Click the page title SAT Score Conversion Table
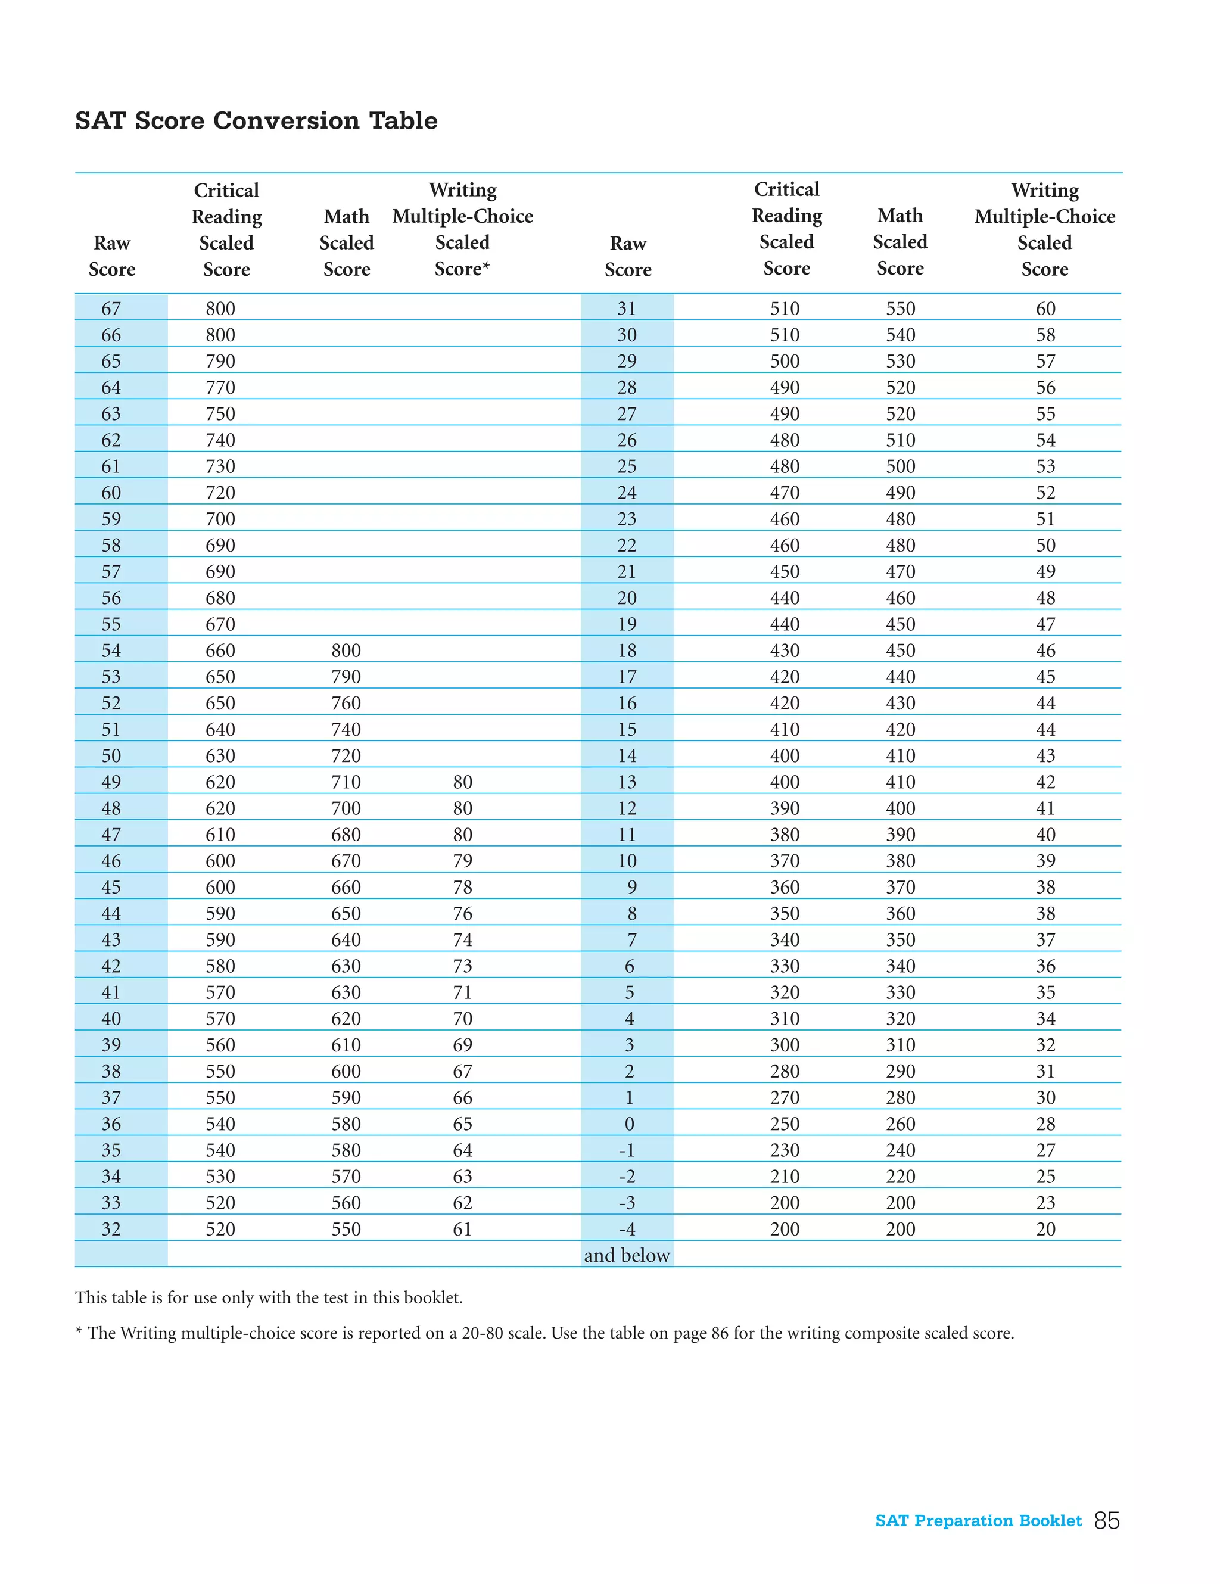pos(256,120)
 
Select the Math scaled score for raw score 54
pos(346,650)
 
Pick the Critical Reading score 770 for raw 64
pos(220,387)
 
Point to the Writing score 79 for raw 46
pos(462,860)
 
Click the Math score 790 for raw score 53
pos(346,677)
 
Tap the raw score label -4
pos(627,1228)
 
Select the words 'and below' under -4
pos(627,1255)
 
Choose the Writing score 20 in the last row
pos(1045,1228)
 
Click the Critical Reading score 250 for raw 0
pos(785,1124)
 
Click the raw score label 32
pos(111,1228)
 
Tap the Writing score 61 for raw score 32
pos(462,1228)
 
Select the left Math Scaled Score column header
pos(347,242)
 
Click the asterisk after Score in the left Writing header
pos(486,266)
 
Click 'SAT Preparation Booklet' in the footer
pos(978,1520)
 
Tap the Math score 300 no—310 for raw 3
pos(900,1044)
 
